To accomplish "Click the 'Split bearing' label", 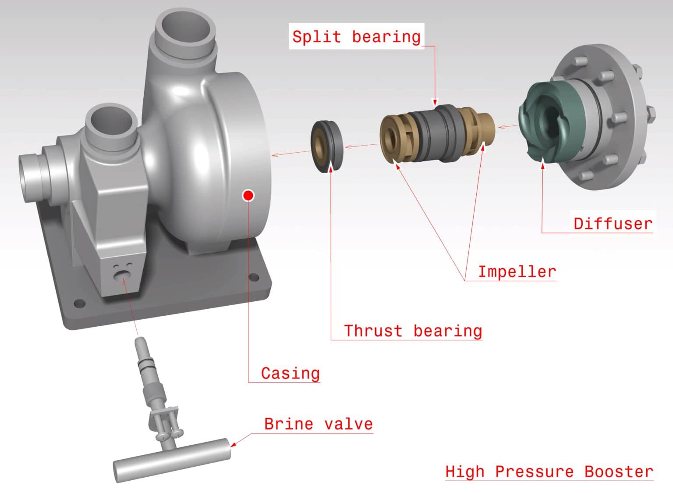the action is pos(356,37).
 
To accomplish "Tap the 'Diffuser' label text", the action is pos(613,224).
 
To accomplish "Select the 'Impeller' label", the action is pos(517,272).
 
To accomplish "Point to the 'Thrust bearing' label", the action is pos(413,331).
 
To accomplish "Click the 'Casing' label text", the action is pos(290,373).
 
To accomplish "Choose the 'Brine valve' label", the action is pos(319,424).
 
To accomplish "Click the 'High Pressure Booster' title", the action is pos(549,472).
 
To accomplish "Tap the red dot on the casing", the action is pos(248,196).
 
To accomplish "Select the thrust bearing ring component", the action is pos(327,146).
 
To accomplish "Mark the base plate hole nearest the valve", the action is pos(79,303).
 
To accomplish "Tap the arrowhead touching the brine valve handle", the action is pos(234,444).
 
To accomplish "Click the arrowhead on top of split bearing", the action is pos(435,102).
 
